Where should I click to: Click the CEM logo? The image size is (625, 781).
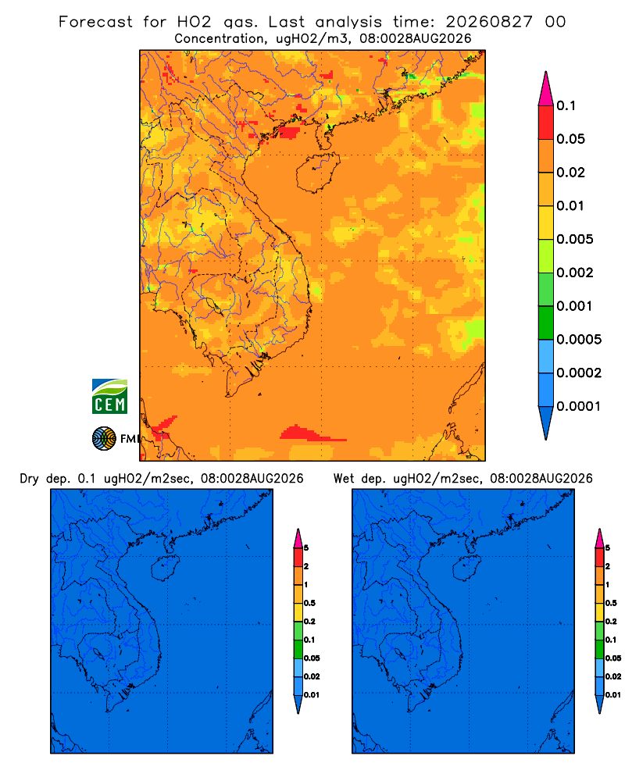pyautogui.click(x=109, y=397)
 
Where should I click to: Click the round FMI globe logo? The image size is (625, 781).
pyautogui.click(x=104, y=439)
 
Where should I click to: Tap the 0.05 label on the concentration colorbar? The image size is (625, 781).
pyautogui.click(x=570, y=139)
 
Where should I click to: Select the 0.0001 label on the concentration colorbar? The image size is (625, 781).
pyautogui.click(x=579, y=406)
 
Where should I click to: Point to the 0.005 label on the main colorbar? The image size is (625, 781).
pyautogui.click(x=575, y=239)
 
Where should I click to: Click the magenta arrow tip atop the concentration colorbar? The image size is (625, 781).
pyautogui.click(x=546, y=89)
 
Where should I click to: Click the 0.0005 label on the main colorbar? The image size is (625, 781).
pyautogui.click(x=579, y=340)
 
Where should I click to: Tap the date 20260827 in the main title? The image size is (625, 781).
pyautogui.click(x=489, y=22)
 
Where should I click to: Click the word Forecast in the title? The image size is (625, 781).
pyautogui.click(x=95, y=22)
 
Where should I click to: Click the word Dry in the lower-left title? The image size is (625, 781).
pyautogui.click(x=30, y=479)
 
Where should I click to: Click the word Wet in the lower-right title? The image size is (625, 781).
pyautogui.click(x=344, y=479)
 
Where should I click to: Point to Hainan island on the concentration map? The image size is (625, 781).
pyautogui.click(x=317, y=173)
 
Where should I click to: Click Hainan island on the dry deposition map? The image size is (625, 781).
pyautogui.click(x=166, y=567)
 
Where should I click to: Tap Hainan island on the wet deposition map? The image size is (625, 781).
pyautogui.click(x=467, y=567)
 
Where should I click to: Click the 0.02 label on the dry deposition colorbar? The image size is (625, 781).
pyautogui.click(x=312, y=676)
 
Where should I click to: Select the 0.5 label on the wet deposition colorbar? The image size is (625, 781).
pyautogui.click(x=611, y=603)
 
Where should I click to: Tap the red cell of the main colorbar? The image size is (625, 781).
pyautogui.click(x=546, y=123)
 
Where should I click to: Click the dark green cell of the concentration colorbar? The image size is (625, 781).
pyautogui.click(x=546, y=323)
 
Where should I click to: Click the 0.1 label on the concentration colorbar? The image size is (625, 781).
pyautogui.click(x=566, y=105)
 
